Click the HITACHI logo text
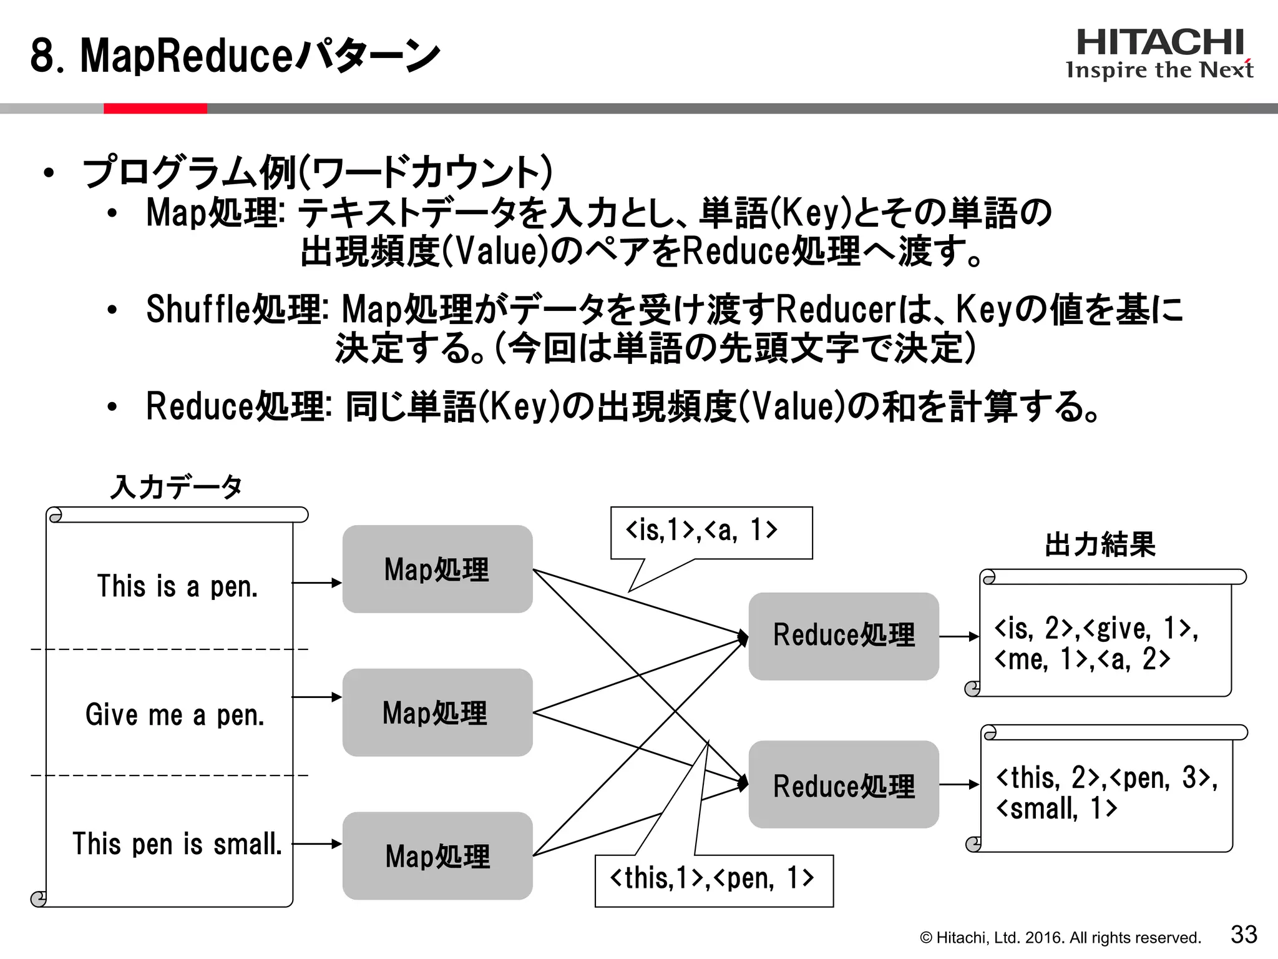click(x=1160, y=42)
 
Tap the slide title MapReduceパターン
click(x=235, y=56)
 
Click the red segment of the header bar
click(x=155, y=109)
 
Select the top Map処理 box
click(x=437, y=569)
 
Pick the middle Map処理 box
click(x=437, y=712)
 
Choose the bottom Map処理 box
click(x=437, y=855)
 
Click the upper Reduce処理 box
click(x=844, y=636)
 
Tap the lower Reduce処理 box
click(x=844, y=785)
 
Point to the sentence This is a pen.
click(x=177, y=586)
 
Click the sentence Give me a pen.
click(x=175, y=715)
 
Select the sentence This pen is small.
click(x=177, y=843)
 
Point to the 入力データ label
click(x=177, y=487)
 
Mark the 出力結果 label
click(x=1100, y=544)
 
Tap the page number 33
click(x=1243, y=935)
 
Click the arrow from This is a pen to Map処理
click(x=317, y=583)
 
